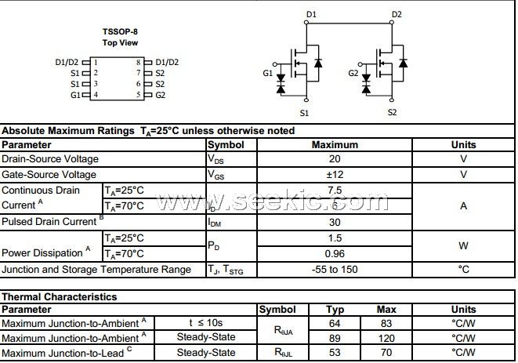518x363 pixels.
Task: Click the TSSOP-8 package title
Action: [x=120, y=32]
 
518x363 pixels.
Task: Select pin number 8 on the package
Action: [x=138, y=61]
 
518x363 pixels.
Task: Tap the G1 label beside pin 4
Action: [x=75, y=95]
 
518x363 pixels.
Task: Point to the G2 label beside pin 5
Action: [x=160, y=95]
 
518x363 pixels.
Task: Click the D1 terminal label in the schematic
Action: [x=311, y=15]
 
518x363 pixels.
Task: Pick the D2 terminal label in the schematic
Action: [x=397, y=15]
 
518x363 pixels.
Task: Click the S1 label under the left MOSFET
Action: [x=304, y=113]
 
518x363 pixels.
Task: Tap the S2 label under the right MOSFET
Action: [x=392, y=113]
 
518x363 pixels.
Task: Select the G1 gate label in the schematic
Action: [x=268, y=74]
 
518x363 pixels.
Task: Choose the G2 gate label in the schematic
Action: [x=353, y=74]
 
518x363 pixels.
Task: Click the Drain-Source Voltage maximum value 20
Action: [x=335, y=159]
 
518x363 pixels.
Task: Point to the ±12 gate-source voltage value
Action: [x=335, y=175]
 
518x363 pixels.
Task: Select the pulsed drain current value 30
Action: [x=335, y=222]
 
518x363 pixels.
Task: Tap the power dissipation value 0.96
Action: [x=335, y=253]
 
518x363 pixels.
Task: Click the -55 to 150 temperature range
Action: [x=335, y=270]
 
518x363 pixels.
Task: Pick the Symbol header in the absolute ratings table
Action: [x=226, y=144]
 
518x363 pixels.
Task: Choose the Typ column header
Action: [x=335, y=310]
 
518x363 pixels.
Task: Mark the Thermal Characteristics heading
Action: [x=60, y=297]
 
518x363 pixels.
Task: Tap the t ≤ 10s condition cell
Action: [x=206, y=322]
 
